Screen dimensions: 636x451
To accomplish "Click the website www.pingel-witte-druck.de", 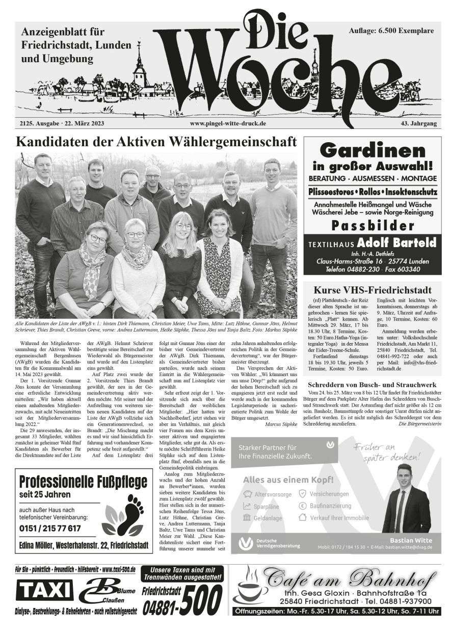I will click(228, 124).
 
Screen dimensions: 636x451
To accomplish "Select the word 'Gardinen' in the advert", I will click(373, 151).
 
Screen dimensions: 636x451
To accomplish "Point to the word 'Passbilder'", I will click(373, 225).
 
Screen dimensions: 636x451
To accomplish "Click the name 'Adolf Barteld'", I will click(395, 242).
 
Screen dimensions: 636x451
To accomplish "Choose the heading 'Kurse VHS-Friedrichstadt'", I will click(373, 290).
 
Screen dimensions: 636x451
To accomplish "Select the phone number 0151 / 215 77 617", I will click(50, 527).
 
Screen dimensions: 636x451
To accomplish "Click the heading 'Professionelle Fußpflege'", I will click(83, 482).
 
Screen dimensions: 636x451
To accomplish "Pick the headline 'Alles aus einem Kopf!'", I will click(288, 480).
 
